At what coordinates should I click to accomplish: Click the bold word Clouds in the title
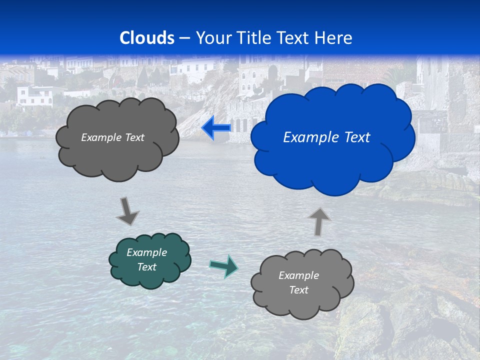pos(147,37)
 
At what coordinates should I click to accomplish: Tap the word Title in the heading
pos(254,37)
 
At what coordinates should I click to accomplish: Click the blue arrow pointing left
pos(216,128)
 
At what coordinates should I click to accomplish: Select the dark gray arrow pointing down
pos(127,211)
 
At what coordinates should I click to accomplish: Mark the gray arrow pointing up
pos(319,221)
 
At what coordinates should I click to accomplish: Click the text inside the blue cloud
pos(326,137)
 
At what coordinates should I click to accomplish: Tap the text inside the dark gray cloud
pos(112,137)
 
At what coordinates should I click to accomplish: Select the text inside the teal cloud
pos(147,259)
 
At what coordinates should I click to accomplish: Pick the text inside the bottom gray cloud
pos(298,282)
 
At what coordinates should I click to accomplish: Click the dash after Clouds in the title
pos(184,38)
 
